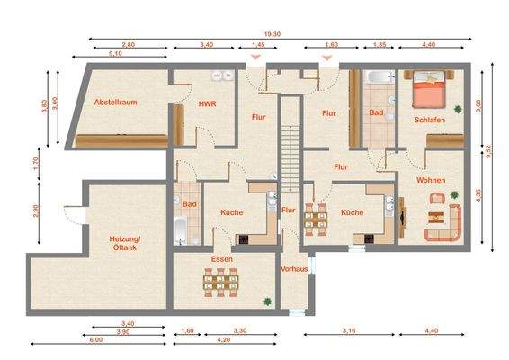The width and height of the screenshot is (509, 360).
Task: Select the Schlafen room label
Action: click(x=430, y=119)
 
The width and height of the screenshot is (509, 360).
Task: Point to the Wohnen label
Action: click(x=431, y=180)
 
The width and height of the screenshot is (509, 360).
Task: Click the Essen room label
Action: click(x=222, y=259)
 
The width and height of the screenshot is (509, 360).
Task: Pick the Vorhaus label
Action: click(x=294, y=268)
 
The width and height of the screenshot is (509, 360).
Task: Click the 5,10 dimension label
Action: click(x=116, y=54)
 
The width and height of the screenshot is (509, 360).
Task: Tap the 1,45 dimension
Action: click(x=258, y=44)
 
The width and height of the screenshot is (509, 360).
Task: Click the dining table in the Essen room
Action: click(x=219, y=283)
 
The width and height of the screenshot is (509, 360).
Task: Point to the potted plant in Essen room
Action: click(x=266, y=300)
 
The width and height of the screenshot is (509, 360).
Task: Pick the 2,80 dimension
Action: click(x=129, y=44)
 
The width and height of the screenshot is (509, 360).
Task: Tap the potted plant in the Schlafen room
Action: click(x=457, y=110)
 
